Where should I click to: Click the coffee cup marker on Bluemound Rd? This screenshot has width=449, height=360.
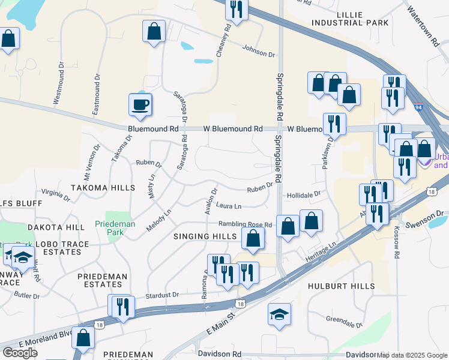[140, 105]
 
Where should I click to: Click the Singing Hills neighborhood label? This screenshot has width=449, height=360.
[205, 236]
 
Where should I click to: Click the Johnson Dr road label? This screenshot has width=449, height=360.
[259, 52]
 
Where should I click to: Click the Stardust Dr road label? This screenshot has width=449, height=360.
[162, 295]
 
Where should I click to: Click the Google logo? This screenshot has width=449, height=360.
[20, 352]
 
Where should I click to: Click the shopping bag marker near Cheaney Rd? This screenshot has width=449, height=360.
[154, 32]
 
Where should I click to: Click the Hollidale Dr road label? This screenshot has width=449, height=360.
[304, 195]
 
